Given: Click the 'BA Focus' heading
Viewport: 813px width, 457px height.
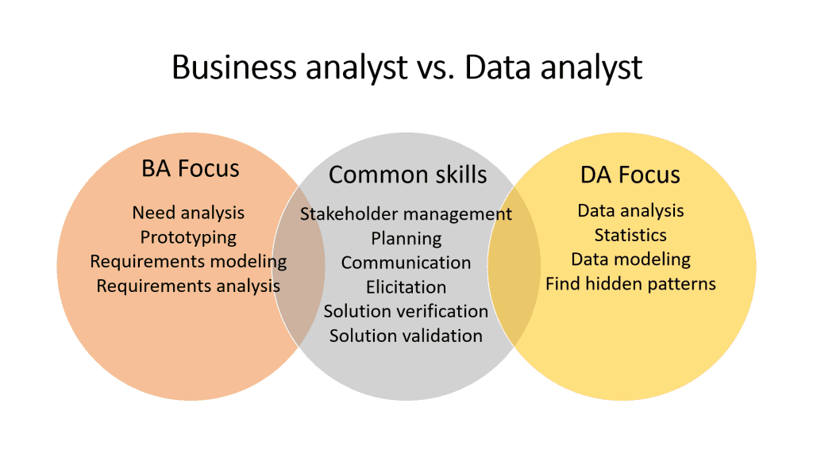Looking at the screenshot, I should pyautogui.click(x=190, y=168).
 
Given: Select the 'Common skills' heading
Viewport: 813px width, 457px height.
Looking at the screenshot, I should pyautogui.click(x=407, y=174).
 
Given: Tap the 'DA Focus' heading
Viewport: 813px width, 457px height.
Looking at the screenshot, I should pyautogui.click(x=630, y=175).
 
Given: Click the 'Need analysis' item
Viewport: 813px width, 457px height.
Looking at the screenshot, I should pyautogui.click(x=188, y=213).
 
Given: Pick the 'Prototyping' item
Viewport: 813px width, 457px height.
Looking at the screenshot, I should pyautogui.click(x=188, y=237).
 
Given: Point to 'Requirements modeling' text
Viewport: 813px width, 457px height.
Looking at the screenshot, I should pyautogui.click(x=188, y=261).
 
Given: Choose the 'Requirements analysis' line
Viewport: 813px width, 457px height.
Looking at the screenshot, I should pyautogui.click(x=188, y=286).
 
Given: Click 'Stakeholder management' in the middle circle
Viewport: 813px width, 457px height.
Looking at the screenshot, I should pyautogui.click(x=406, y=214).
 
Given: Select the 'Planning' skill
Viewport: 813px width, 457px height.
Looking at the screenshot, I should pyautogui.click(x=406, y=238).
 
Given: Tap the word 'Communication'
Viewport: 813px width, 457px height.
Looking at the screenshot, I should pyautogui.click(x=406, y=263).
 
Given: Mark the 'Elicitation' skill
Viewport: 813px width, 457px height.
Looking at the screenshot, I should pyautogui.click(x=406, y=287).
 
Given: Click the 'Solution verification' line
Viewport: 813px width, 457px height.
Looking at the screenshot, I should pyautogui.click(x=406, y=311).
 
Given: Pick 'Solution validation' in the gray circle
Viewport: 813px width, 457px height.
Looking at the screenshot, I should pyautogui.click(x=406, y=336).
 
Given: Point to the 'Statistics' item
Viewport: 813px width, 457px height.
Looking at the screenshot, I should pyautogui.click(x=630, y=235).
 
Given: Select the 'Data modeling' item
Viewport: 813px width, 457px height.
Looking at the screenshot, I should pyautogui.click(x=630, y=259).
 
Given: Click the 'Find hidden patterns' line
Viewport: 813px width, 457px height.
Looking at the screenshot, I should pyautogui.click(x=630, y=283).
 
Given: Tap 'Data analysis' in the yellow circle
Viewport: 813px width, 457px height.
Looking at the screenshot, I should pyautogui.click(x=630, y=211).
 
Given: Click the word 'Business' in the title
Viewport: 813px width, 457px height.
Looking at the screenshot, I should pyautogui.click(x=227, y=68).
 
